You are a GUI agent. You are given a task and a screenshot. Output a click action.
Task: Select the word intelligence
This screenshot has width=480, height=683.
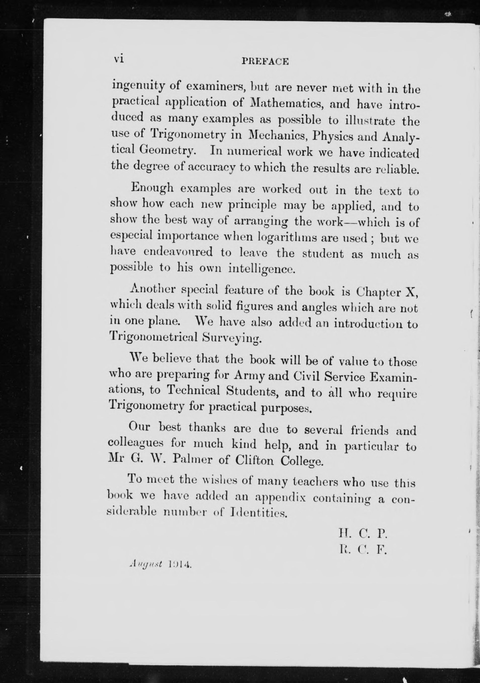(261, 269)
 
